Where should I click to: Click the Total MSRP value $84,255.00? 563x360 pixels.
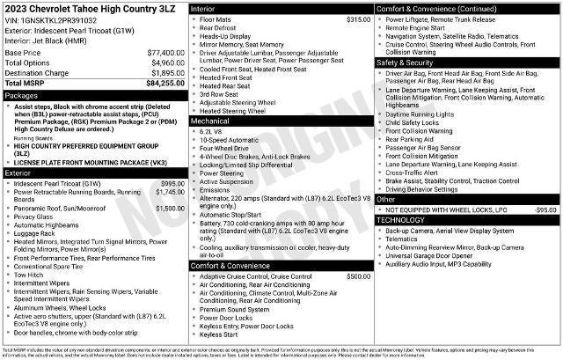click(165, 83)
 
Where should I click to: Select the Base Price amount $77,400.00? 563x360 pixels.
click(166, 53)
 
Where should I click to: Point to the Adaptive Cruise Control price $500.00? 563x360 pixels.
click(358, 276)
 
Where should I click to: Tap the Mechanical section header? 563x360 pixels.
click(209, 121)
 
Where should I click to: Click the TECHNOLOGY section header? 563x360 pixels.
click(404, 219)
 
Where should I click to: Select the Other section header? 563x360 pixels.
click(386, 200)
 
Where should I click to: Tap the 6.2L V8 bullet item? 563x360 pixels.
click(210, 130)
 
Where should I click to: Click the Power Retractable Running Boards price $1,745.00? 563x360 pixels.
click(170, 191)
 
